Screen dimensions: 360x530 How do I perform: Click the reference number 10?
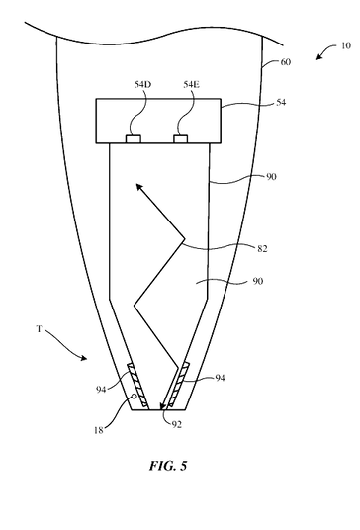click(x=345, y=45)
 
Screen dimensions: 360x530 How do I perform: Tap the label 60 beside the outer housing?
click(x=285, y=62)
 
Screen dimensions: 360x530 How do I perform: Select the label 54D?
click(x=142, y=84)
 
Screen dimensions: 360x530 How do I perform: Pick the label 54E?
click(x=191, y=84)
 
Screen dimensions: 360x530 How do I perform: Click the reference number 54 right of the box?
click(x=281, y=102)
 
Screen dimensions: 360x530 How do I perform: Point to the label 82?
click(x=262, y=249)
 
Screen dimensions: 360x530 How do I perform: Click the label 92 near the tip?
click(x=176, y=424)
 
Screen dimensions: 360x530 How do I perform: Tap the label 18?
click(x=98, y=431)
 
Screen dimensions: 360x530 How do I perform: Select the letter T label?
click(x=39, y=329)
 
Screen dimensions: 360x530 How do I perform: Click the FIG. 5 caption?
click(x=168, y=466)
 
